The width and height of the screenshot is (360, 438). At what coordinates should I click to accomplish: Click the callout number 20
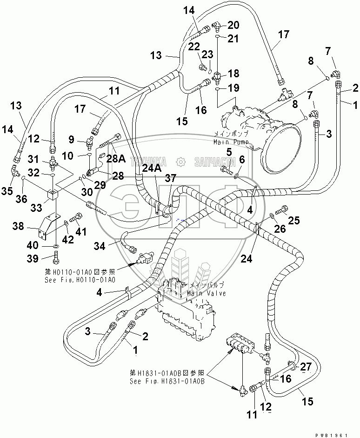[x=233, y=25]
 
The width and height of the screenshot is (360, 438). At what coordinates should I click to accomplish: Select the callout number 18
[x=233, y=74]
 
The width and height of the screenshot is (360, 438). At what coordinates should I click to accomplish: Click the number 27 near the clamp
[x=306, y=367]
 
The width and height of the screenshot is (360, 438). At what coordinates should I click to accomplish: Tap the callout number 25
[x=294, y=221]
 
